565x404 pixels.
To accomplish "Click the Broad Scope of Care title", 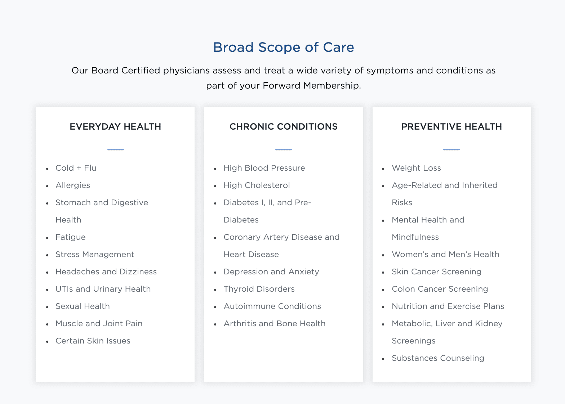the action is [x=284, y=47].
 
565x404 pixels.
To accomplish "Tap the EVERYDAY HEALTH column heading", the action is [x=115, y=126].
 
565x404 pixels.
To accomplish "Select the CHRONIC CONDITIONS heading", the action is [x=284, y=126].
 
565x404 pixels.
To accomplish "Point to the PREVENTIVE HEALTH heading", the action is [x=451, y=126].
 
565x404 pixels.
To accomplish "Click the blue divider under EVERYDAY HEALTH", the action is [x=116, y=150].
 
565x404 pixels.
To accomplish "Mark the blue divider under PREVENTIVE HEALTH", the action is [x=451, y=150].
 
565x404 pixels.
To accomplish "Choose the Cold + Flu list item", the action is [x=76, y=168].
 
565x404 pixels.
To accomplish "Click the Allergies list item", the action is [x=73, y=185].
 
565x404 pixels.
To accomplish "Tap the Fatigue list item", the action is [x=70, y=237].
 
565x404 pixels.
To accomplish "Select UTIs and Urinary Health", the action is [x=103, y=289].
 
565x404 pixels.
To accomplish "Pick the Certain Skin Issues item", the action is [x=93, y=341].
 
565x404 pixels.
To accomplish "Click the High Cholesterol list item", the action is [x=257, y=185].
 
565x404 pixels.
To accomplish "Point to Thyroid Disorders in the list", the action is [x=259, y=289].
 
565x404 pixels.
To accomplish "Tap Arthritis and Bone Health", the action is [x=275, y=323].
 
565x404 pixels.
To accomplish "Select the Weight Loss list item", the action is [x=416, y=168].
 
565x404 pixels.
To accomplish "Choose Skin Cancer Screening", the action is [x=436, y=272].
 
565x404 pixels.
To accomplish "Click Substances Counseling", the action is [x=438, y=358].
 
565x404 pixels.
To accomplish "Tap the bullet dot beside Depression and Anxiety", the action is [x=215, y=273].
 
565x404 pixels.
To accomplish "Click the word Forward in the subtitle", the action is [x=281, y=85].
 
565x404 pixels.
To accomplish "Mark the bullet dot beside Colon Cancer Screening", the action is [x=383, y=290].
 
